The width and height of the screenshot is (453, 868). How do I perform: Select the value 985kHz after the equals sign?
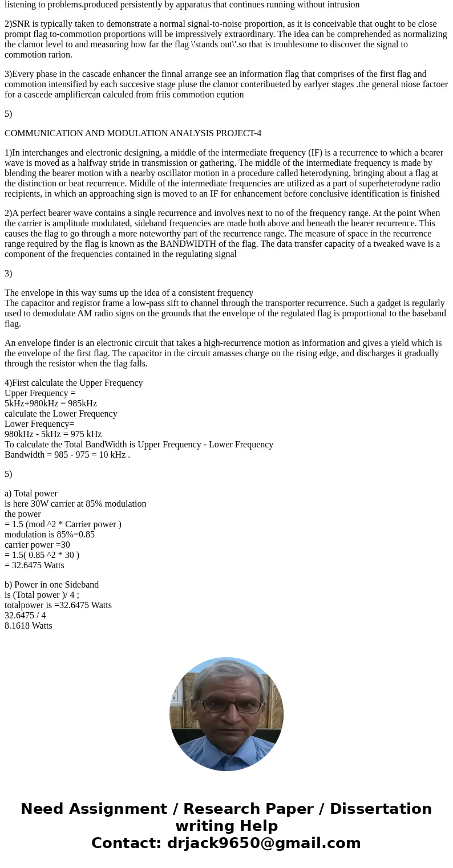point(82,404)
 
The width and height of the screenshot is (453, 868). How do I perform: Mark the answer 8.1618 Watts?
point(29,626)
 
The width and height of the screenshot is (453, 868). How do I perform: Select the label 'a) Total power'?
point(31,494)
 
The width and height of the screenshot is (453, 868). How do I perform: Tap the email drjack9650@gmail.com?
point(264,843)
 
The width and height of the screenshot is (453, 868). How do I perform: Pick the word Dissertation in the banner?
point(381,809)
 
